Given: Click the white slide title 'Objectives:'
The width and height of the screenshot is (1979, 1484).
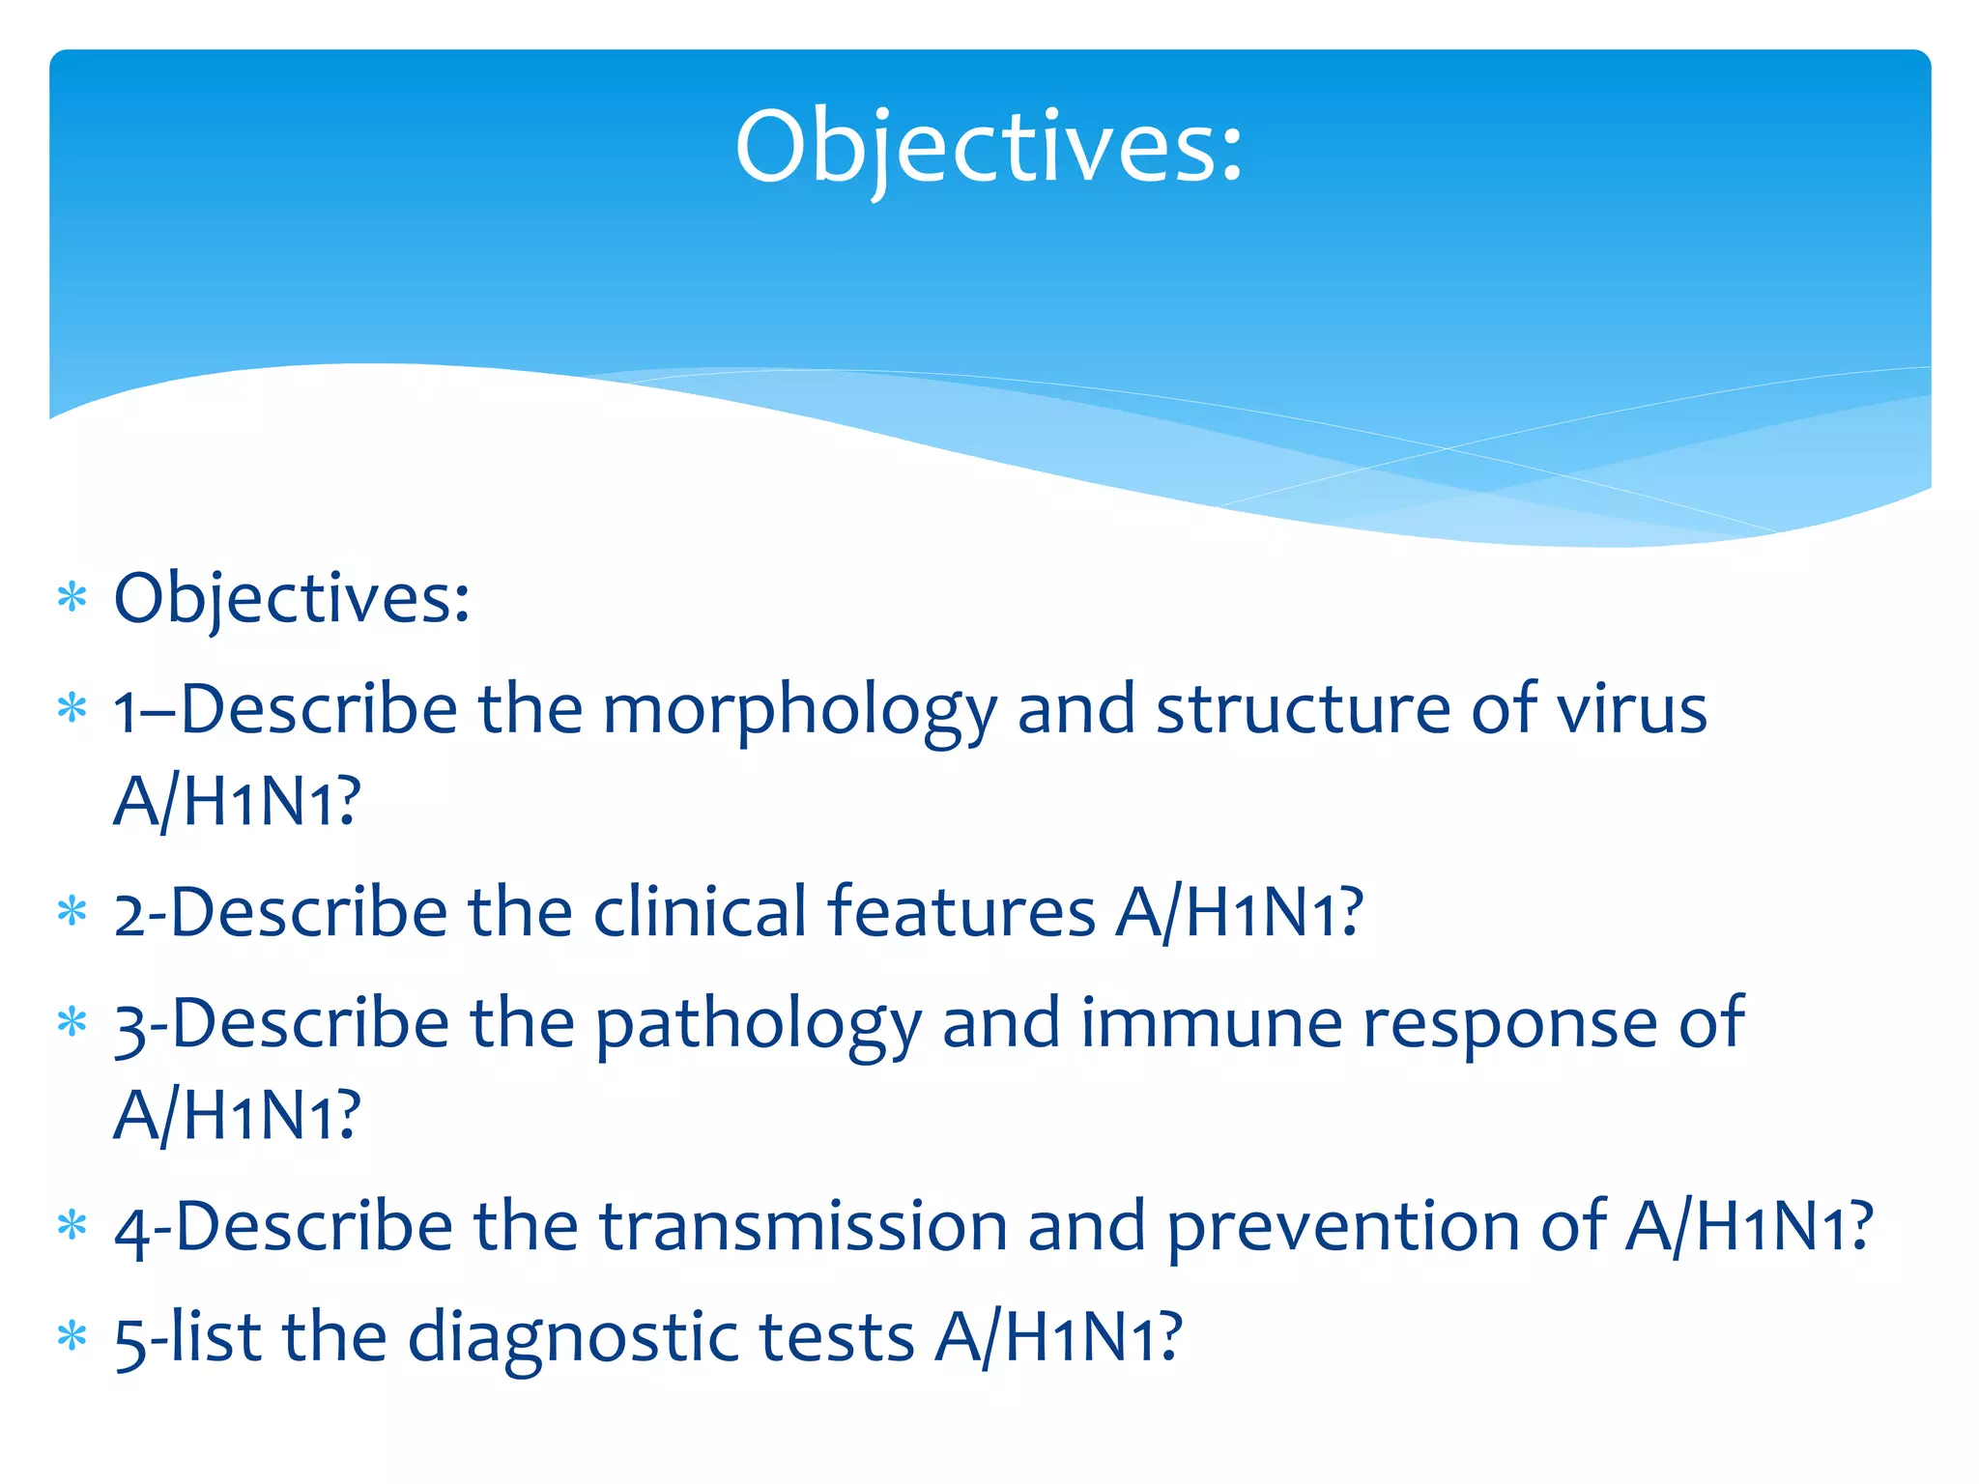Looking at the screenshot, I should point(989,147).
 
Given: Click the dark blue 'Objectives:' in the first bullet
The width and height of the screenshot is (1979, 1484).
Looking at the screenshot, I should point(292,599).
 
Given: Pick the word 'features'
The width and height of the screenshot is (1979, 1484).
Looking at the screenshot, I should point(961,912).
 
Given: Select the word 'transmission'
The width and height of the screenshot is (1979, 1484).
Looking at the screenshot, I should point(802,1227).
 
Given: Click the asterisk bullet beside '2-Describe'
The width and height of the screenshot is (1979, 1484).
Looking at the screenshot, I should point(72,912).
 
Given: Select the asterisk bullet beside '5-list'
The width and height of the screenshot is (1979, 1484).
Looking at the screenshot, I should point(72,1338).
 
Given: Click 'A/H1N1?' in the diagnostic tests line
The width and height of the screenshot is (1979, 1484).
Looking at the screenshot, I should point(1058,1339).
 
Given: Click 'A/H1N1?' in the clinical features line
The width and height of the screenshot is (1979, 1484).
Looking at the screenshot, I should point(1239,913).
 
